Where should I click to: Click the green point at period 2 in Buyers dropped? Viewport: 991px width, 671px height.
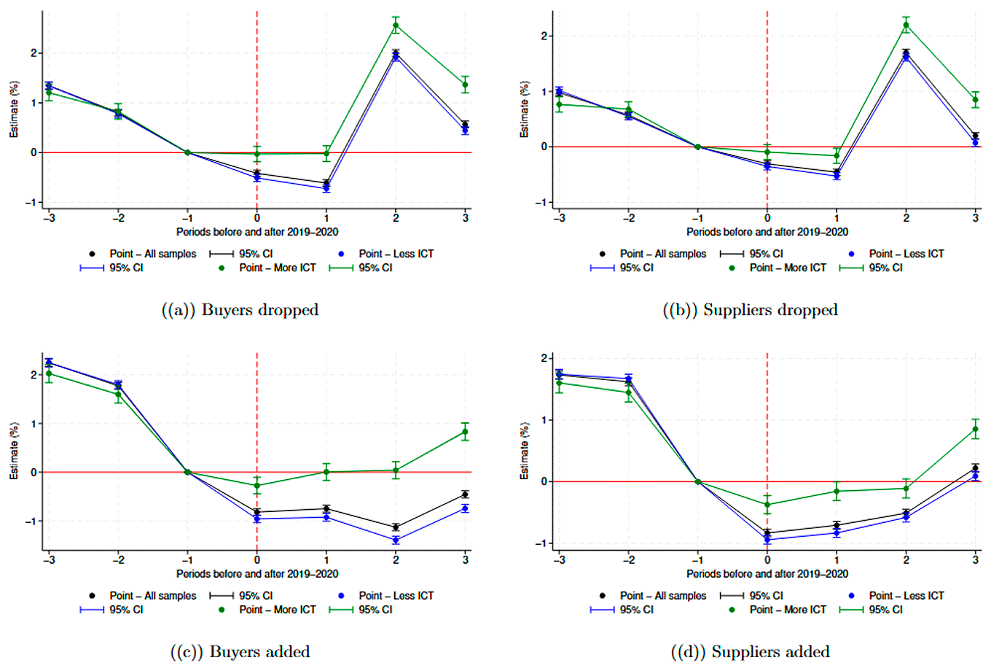396,26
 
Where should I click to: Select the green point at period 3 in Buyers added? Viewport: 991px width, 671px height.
465,432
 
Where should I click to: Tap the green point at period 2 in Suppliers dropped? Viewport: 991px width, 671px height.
906,25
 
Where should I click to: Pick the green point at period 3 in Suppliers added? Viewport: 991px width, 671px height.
975,429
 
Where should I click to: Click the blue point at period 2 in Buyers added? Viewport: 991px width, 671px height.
396,540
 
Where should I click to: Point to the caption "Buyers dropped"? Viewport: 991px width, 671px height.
240,310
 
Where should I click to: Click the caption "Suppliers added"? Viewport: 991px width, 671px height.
750,652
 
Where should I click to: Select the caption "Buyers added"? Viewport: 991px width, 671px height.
240,652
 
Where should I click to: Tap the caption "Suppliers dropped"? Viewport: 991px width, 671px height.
750,310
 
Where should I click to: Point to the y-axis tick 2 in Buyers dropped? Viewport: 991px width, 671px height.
33,53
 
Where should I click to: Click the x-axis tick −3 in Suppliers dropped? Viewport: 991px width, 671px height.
559,218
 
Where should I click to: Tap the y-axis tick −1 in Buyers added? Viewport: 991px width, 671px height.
31,521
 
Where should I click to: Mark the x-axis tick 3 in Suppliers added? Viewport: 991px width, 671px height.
975,560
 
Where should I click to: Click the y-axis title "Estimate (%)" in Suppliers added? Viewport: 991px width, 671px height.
524,451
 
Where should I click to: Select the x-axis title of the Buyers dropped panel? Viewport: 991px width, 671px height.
256,232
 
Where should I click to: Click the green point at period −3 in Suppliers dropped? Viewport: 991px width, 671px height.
559,104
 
